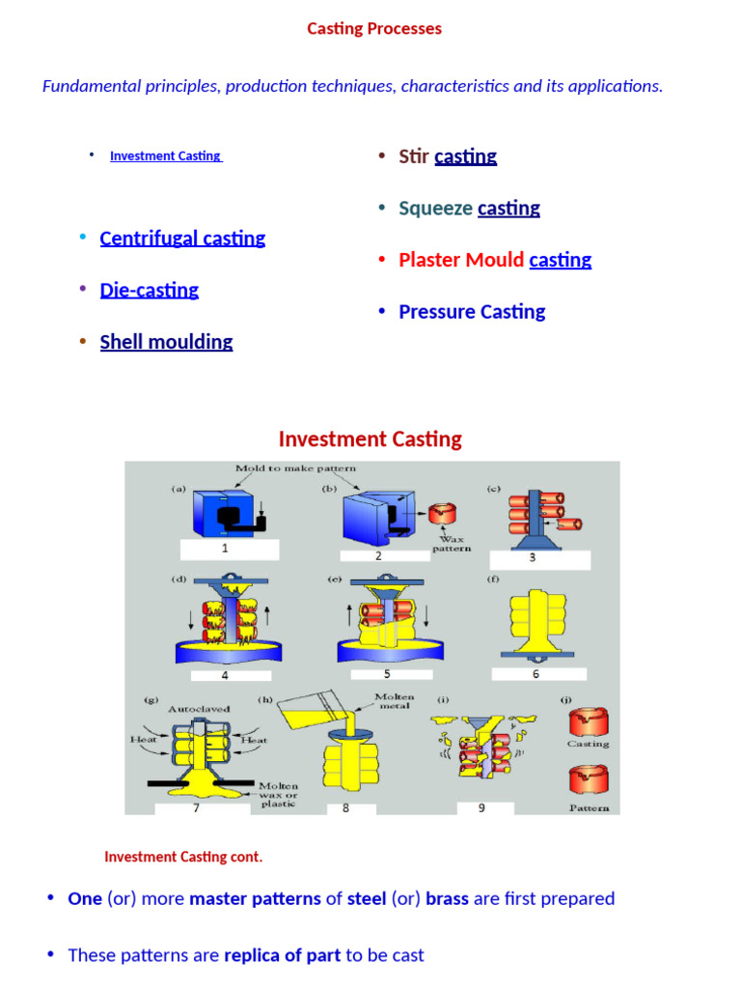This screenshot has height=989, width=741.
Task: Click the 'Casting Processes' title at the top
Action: (374, 29)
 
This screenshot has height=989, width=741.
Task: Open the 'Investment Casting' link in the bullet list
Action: (165, 155)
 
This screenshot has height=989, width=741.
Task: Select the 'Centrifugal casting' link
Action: (182, 239)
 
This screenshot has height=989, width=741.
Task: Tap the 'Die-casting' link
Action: (149, 291)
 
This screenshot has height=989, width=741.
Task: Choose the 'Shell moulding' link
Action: (166, 342)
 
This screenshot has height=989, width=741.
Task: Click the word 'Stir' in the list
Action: (414, 156)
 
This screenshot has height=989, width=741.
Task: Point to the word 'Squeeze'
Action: (436, 209)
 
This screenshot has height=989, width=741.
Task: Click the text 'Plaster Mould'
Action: (461, 260)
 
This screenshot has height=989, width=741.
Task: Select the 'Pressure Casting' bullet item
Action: (472, 312)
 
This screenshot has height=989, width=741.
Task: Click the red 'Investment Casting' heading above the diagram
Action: (370, 439)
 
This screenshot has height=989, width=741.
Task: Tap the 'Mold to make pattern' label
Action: (295, 468)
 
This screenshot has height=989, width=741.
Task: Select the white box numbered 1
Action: (229, 550)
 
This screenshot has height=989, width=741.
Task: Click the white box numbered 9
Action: (482, 807)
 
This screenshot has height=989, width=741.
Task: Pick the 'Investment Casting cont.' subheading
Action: (183, 857)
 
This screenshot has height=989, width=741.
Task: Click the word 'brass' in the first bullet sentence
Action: (446, 899)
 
